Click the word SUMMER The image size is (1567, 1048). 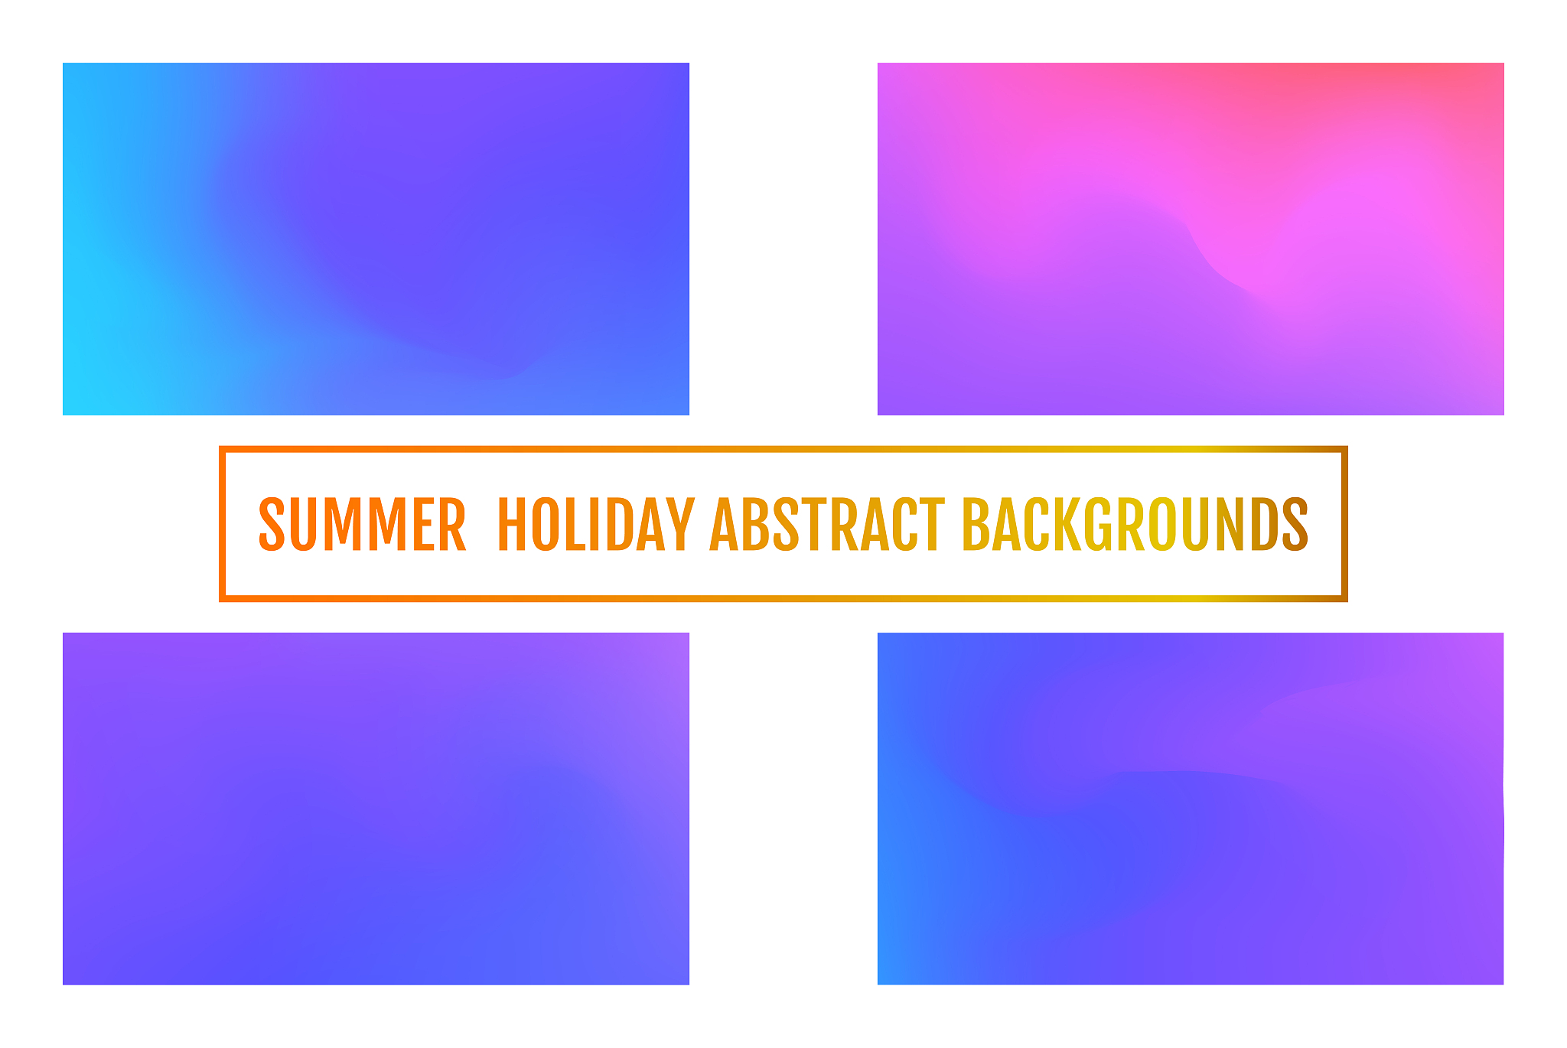click(362, 524)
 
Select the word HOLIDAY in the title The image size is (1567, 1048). click(596, 524)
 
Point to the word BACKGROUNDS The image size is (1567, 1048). click(1135, 524)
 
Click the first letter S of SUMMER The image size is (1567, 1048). click(272, 524)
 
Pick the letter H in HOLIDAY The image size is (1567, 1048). click(513, 524)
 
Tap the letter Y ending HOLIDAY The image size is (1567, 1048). click(679, 524)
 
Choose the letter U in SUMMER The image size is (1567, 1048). click(305, 524)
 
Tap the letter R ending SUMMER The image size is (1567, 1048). click(452, 524)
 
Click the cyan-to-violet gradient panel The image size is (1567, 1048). click(376, 239)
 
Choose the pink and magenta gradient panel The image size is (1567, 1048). click(1191, 239)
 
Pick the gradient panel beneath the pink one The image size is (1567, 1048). click(1191, 809)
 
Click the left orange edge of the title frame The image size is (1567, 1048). click(222, 524)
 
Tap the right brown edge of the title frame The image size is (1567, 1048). click(1344, 524)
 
